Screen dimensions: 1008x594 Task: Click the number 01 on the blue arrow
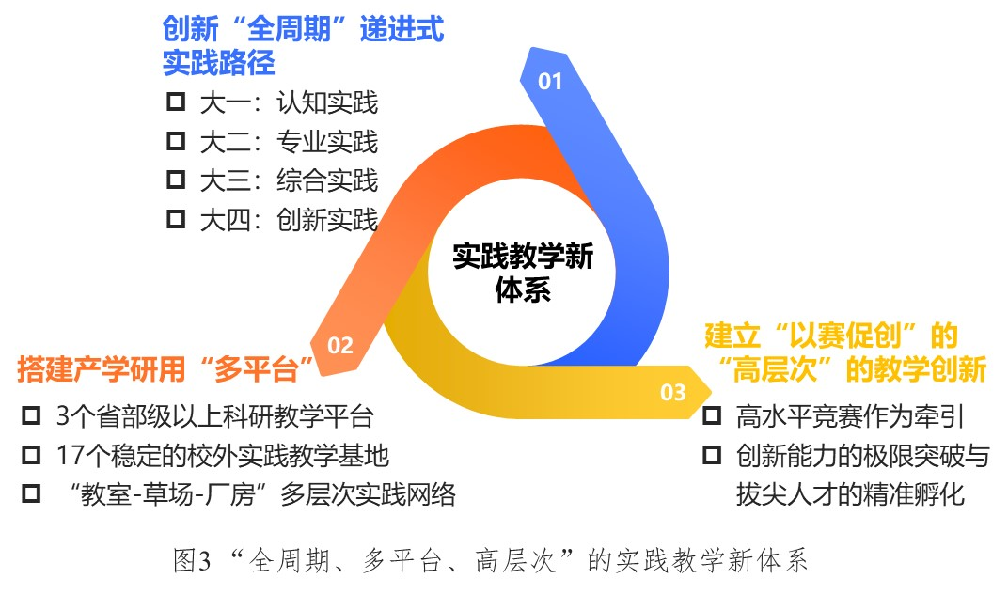(x=550, y=82)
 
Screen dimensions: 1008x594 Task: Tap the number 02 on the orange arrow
(x=340, y=346)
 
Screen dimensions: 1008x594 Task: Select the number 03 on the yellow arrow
(x=673, y=392)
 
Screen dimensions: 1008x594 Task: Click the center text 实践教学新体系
(x=523, y=273)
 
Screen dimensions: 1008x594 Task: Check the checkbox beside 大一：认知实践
(x=176, y=102)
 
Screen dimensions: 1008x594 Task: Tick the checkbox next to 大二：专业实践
(x=176, y=141)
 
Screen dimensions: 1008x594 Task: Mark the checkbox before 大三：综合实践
(x=176, y=180)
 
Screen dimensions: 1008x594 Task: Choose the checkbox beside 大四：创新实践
(x=176, y=219)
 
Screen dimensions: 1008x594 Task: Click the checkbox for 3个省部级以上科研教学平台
(x=31, y=415)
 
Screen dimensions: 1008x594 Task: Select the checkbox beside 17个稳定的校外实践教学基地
(x=31, y=455)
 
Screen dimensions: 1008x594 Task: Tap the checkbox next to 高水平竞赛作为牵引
(x=712, y=415)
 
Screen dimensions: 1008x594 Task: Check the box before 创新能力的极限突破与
(x=712, y=455)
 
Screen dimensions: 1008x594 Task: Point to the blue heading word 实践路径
(x=218, y=63)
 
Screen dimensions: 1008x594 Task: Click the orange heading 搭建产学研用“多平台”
(x=165, y=369)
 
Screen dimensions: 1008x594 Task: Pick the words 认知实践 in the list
(x=327, y=102)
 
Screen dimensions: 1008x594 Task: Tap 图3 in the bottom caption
(x=192, y=560)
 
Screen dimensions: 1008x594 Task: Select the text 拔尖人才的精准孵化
(x=850, y=494)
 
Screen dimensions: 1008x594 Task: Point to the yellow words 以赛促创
(x=844, y=336)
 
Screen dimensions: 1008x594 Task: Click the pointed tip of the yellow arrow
(x=712, y=392)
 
